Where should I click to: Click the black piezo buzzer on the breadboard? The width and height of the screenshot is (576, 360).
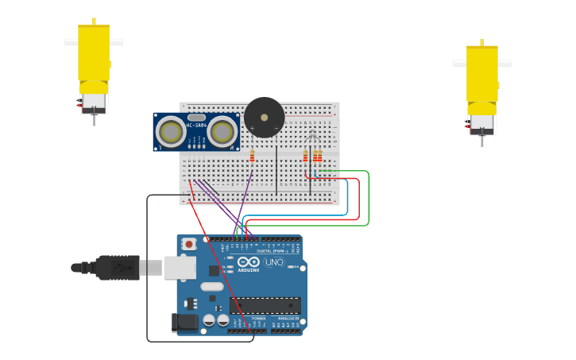pyautogui.click(x=264, y=118)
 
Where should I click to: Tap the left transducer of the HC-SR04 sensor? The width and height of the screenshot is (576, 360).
pyautogui.click(x=171, y=130)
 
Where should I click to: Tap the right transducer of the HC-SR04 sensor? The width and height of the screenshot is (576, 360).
pyautogui.click(x=222, y=130)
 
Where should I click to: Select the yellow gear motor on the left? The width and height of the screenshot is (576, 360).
pyautogui.click(x=93, y=60)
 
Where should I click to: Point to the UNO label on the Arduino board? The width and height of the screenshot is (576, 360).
pyautogui.click(x=273, y=262)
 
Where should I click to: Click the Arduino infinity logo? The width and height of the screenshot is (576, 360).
pyautogui.click(x=248, y=262)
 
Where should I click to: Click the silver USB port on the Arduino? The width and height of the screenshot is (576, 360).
pyautogui.click(x=180, y=268)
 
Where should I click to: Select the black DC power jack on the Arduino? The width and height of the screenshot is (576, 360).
pyautogui.click(x=184, y=322)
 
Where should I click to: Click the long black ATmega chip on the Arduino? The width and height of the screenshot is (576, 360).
pyautogui.click(x=265, y=305)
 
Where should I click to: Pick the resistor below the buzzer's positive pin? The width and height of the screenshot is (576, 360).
pyautogui.click(x=252, y=156)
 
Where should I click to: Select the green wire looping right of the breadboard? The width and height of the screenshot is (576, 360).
pyautogui.click(x=369, y=199)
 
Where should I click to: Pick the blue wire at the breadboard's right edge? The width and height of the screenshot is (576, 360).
pyautogui.click(x=348, y=199)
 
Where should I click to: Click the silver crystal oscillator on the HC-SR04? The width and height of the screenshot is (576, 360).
pyautogui.click(x=196, y=118)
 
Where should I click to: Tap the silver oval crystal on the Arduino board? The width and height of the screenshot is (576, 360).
pyautogui.click(x=211, y=286)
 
